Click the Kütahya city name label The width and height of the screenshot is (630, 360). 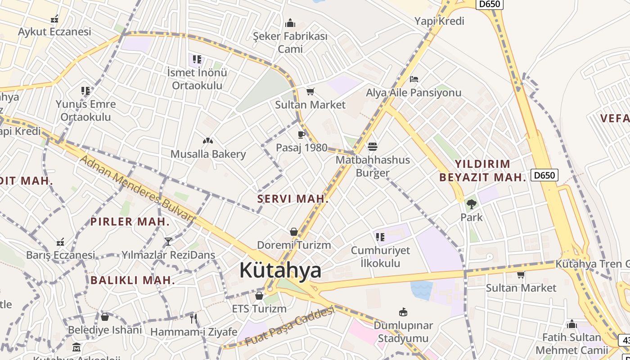click(x=280, y=270)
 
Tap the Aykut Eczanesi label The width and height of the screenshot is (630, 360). click(x=54, y=32)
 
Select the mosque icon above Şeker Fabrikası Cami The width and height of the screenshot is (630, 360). click(x=290, y=23)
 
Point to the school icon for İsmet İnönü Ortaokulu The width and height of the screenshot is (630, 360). click(x=197, y=59)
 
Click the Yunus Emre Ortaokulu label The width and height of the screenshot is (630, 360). click(x=85, y=111)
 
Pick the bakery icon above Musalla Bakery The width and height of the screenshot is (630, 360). click(x=207, y=141)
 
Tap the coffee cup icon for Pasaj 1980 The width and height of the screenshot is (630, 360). click(x=301, y=135)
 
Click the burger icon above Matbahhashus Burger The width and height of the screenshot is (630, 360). click(x=373, y=146)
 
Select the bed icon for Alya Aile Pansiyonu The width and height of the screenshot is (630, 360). click(x=414, y=79)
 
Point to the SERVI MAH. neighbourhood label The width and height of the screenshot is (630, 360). click(x=292, y=199)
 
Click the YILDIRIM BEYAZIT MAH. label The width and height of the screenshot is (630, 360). click(x=482, y=171)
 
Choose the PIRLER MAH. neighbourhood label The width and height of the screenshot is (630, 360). click(x=130, y=222)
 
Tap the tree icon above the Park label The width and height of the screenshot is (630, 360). click(x=471, y=204)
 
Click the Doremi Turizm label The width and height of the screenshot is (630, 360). click(x=294, y=245)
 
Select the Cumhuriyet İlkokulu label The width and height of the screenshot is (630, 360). click(x=380, y=256)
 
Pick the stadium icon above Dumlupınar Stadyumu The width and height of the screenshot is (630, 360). click(x=403, y=312)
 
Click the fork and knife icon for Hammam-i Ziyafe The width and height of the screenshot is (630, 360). click(x=193, y=319)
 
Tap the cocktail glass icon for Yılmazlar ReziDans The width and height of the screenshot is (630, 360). click(x=168, y=242)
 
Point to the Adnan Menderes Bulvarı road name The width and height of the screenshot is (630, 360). click(x=137, y=189)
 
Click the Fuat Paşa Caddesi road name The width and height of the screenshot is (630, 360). click(x=290, y=326)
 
